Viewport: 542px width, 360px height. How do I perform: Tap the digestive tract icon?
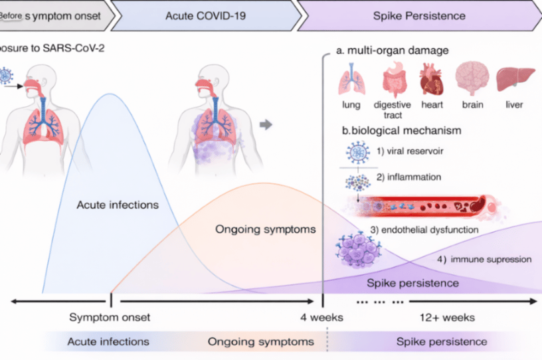coord(393,82)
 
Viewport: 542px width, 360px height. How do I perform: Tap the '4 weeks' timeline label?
coord(321,317)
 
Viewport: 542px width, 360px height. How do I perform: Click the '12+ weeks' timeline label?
coord(452,317)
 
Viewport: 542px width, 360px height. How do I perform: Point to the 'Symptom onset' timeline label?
coord(110,317)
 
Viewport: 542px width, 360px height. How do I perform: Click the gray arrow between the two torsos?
coord(265,124)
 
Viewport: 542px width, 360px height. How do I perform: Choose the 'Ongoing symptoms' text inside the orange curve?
coord(264,230)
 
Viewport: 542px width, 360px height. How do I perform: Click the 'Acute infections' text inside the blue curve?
coord(117,205)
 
